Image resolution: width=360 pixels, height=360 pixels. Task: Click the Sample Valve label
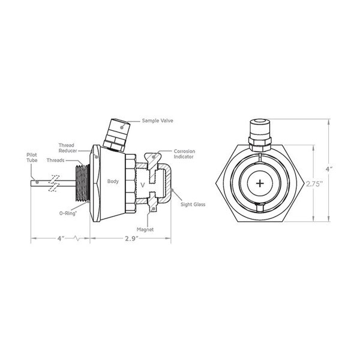click(x=158, y=121)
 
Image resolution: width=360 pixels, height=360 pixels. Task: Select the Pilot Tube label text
click(x=32, y=157)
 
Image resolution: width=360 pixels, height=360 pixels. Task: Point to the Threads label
click(x=55, y=161)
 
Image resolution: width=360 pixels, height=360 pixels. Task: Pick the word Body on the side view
click(x=113, y=181)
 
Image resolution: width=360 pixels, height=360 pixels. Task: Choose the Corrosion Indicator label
click(x=184, y=154)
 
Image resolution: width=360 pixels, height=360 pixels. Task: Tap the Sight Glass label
click(x=193, y=205)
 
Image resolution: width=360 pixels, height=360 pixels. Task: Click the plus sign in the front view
click(x=260, y=183)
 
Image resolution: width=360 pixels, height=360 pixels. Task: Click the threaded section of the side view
click(x=81, y=181)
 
